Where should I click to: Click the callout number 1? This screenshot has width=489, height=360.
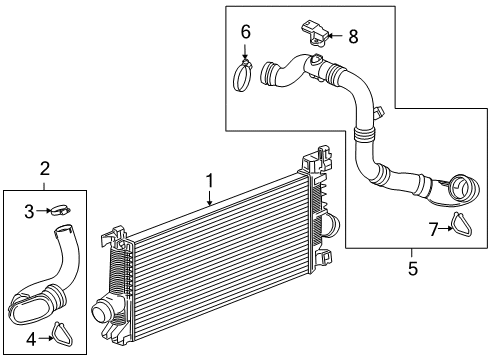(x=211, y=180)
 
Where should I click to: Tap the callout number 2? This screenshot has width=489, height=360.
(x=45, y=170)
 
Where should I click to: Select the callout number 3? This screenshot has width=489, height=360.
(x=30, y=210)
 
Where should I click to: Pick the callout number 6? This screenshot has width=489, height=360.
(x=245, y=32)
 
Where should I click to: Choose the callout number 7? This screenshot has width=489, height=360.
(x=432, y=230)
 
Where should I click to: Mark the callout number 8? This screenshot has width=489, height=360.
(x=351, y=36)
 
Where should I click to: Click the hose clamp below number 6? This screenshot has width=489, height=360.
(x=244, y=75)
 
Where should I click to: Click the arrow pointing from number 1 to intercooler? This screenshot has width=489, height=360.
(x=209, y=196)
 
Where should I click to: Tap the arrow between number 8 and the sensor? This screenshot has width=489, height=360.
(x=335, y=37)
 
